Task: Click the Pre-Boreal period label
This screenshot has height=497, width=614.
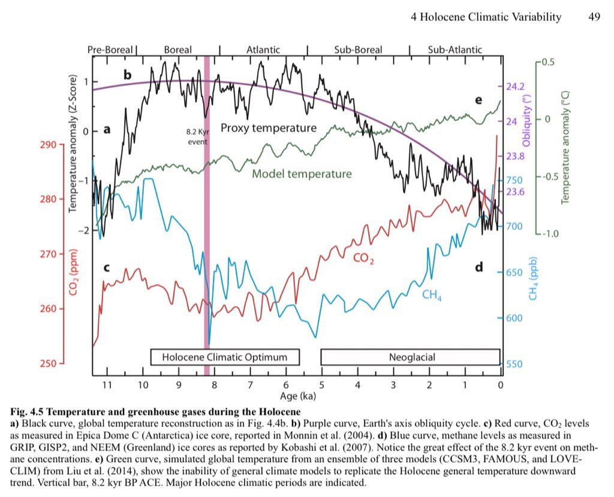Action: [112, 50]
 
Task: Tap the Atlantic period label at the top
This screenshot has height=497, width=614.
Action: [264, 50]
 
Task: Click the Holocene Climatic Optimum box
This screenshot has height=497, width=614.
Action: [224, 357]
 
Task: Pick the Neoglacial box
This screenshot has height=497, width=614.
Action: [411, 357]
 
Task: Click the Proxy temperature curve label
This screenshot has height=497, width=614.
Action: [268, 128]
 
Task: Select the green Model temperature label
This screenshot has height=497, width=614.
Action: [302, 174]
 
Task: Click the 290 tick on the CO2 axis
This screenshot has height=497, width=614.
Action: [49, 145]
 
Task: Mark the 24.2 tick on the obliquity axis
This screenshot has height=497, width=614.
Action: [515, 87]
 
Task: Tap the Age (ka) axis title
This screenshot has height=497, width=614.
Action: [298, 396]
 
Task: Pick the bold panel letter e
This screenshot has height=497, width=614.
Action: [478, 100]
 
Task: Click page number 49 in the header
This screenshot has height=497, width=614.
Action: [594, 17]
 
